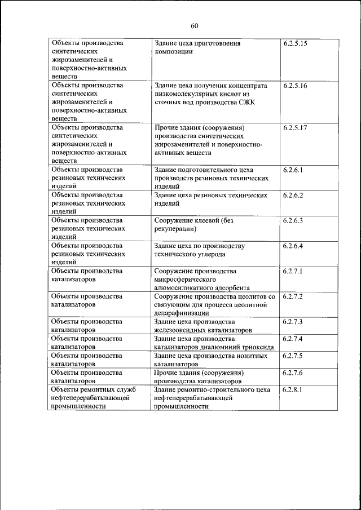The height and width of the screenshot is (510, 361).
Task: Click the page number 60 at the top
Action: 195,25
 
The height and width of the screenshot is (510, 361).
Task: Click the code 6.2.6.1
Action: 293,170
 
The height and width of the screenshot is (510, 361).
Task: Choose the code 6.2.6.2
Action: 293,195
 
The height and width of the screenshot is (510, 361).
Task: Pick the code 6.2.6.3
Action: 293,220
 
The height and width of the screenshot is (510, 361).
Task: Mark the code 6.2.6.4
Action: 293,246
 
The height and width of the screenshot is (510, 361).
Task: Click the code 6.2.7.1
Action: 293,271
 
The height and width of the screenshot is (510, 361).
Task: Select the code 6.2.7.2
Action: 293,296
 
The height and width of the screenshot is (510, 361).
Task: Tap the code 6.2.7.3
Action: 293,322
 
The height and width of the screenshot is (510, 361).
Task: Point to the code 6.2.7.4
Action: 293,339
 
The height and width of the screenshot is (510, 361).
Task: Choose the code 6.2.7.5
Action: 293,356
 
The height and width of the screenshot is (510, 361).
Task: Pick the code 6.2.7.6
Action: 293,372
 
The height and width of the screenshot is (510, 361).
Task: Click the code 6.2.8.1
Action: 293,389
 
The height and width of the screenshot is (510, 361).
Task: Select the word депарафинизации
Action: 182,313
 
